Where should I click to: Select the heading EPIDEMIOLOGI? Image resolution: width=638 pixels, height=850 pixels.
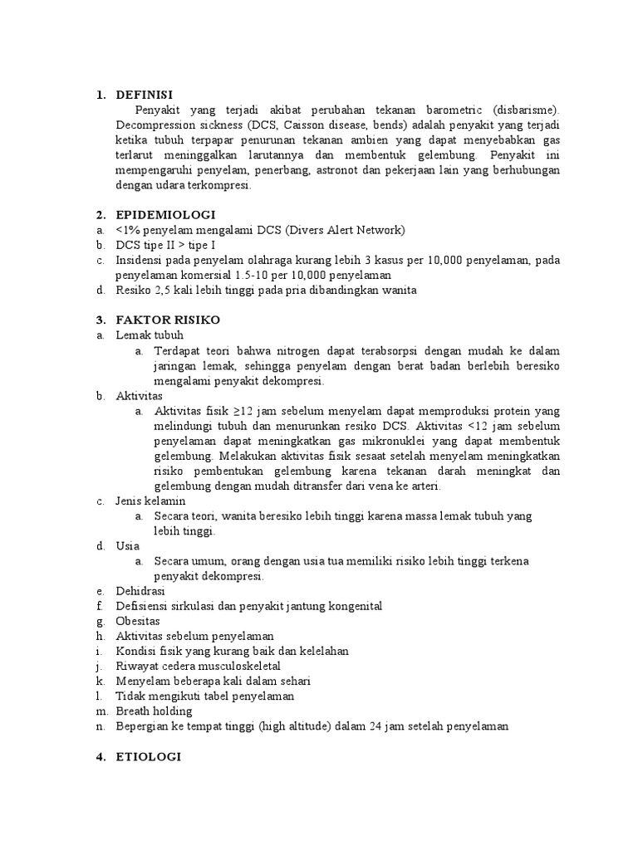tap(166, 214)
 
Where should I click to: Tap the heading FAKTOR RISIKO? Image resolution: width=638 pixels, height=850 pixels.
tap(168, 320)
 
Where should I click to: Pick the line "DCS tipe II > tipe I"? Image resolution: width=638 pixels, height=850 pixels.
tap(166, 245)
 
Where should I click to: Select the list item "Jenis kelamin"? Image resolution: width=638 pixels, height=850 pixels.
tap(150, 501)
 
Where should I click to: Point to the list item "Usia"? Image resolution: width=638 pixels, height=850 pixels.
tap(128, 546)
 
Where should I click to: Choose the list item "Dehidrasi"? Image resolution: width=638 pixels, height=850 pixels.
tap(140, 591)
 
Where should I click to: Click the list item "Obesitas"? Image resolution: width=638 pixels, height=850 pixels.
tap(138, 621)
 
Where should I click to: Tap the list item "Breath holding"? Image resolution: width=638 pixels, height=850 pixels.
tap(154, 711)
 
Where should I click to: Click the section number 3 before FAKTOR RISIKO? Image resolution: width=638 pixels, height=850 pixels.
tap(100, 320)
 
